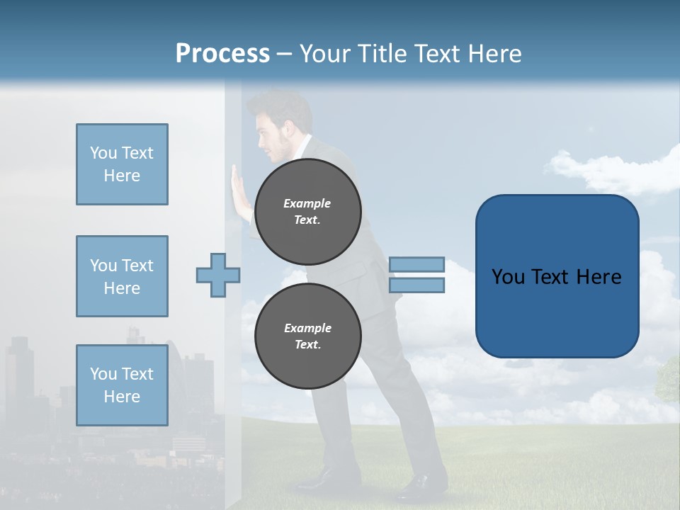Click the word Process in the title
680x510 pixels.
pos(222,54)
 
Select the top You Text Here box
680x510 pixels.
pos(122,164)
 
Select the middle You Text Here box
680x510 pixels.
pos(122,276)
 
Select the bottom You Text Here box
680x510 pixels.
pos(122,385)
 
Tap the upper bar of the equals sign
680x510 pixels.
pos(416,264)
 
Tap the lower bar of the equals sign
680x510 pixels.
pos(416,285)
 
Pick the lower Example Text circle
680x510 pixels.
pos(307,336)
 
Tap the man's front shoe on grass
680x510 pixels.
pos(422,486)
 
